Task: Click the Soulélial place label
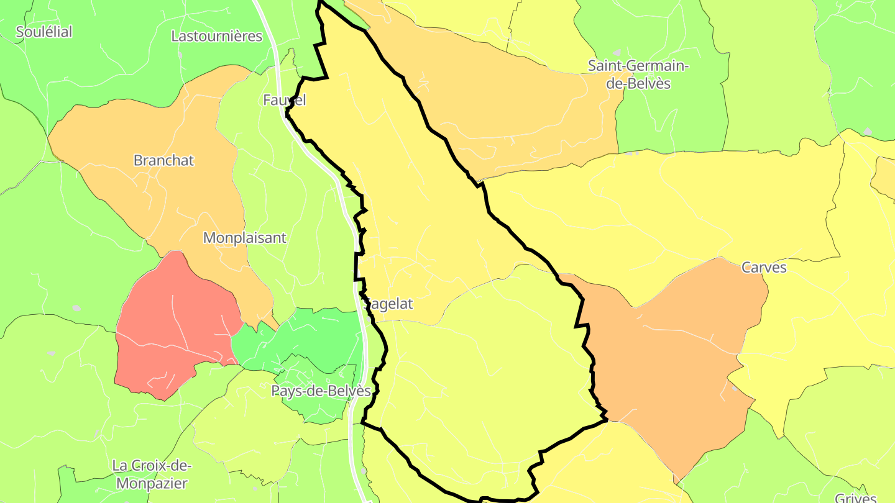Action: pos(44,32)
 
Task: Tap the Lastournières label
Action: pos(216,36)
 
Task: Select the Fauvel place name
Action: pos(284,100)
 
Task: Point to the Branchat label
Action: pos(164,160)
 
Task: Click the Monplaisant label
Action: pos(245,238)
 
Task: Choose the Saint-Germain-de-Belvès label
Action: pos(638,74)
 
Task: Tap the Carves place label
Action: pos(764,268)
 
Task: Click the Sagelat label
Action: pos(390,304)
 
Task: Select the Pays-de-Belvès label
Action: pos(321,391)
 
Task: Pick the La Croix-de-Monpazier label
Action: pos(152,474)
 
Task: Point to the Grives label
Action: pos(855,497)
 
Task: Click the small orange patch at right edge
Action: pos(885,176)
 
